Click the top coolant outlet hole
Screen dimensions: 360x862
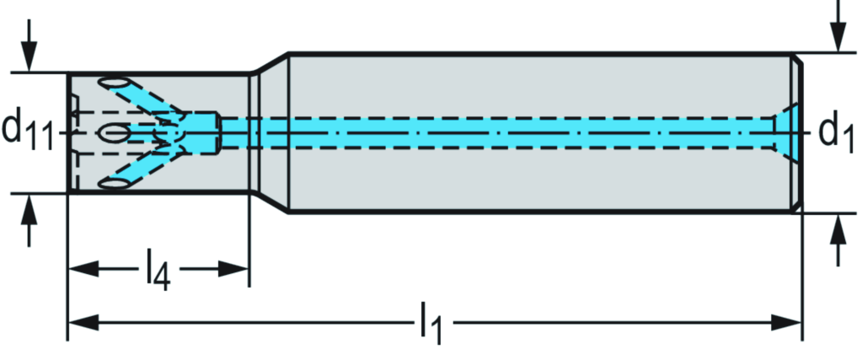coord(115,83)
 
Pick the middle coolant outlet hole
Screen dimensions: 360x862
coord(114,132)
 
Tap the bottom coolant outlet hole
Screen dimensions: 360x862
coord(115,182)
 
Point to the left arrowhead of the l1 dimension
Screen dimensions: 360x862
coord(81,322)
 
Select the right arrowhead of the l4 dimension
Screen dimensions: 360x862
coord(235,270)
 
